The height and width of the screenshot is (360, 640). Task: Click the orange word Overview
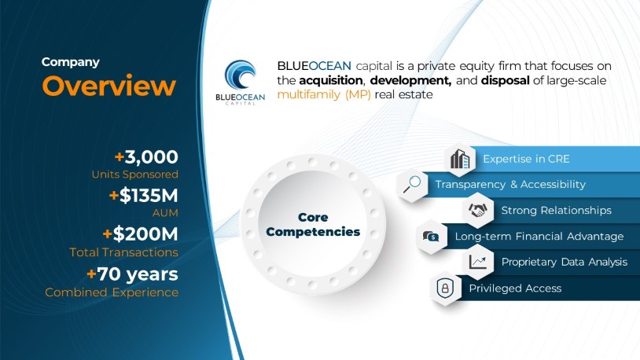[x=109, y=86]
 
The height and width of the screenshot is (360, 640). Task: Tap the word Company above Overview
[x=71, y=62]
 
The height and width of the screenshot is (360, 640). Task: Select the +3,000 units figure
[x=146, y=157]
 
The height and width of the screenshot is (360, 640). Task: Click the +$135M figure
[x=144, y=196]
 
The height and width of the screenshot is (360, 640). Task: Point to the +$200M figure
[x=141, y=234]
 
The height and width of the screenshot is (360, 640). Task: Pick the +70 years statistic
[x=132, y=274]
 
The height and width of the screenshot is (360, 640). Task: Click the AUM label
[x=165, y=213]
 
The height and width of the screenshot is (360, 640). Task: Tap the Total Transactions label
[x=123, y=252]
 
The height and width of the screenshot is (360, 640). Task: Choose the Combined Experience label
[x=112, y=292]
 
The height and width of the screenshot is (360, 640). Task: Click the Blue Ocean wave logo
[x=241, y=75]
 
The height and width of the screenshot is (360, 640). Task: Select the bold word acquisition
[x=330, y=80]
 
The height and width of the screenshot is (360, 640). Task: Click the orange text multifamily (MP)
[x=324, y=94]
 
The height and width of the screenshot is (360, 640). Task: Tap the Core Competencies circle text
[x=313, y=225]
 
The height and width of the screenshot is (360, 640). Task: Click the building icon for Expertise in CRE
[x=460, y=160]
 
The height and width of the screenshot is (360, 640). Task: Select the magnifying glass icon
[x=412, y=185]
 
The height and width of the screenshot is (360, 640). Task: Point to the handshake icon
[x=478, y=210]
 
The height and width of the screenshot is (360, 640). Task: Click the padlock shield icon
[x=445, y=288]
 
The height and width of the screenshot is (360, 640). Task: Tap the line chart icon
[x=478, y=262]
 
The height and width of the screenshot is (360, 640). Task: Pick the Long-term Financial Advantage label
[x=539, y=237]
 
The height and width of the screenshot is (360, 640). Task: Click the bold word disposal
[x=506, y=80]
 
